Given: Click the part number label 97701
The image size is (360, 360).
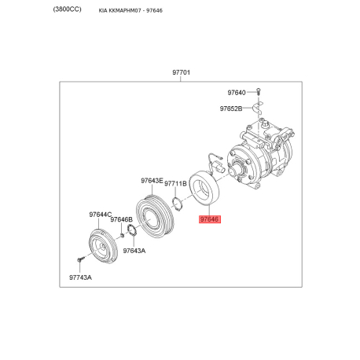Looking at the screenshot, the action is pos(181,72).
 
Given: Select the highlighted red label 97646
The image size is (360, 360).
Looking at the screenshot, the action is pos(210,219).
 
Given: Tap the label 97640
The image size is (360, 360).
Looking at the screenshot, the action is pos(237,93).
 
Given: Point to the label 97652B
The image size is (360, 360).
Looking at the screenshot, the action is pos(231,108).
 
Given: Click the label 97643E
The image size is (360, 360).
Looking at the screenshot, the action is pos(152,181).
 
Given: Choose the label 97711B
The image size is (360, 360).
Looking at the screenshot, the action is pos(175,184).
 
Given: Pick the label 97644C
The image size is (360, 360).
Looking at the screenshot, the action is pos(101,215).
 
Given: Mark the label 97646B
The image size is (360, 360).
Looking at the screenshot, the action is pos(121,219).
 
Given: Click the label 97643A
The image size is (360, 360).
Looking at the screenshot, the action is pos(134,251).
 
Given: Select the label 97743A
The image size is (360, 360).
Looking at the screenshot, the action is pos(80,277).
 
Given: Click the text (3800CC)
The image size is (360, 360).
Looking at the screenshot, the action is pos(67,9).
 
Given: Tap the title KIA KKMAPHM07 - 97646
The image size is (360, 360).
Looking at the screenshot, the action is pos(130,10).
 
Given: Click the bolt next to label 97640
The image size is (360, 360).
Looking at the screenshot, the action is pos(259,92).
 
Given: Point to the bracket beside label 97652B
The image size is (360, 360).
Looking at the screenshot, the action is pos(258,108).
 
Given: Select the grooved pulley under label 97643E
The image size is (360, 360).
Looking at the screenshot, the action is pos(155,217).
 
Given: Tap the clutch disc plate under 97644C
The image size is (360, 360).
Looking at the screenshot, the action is pos(102,247).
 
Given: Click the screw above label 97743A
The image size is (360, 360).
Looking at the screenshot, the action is pos(80,259).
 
